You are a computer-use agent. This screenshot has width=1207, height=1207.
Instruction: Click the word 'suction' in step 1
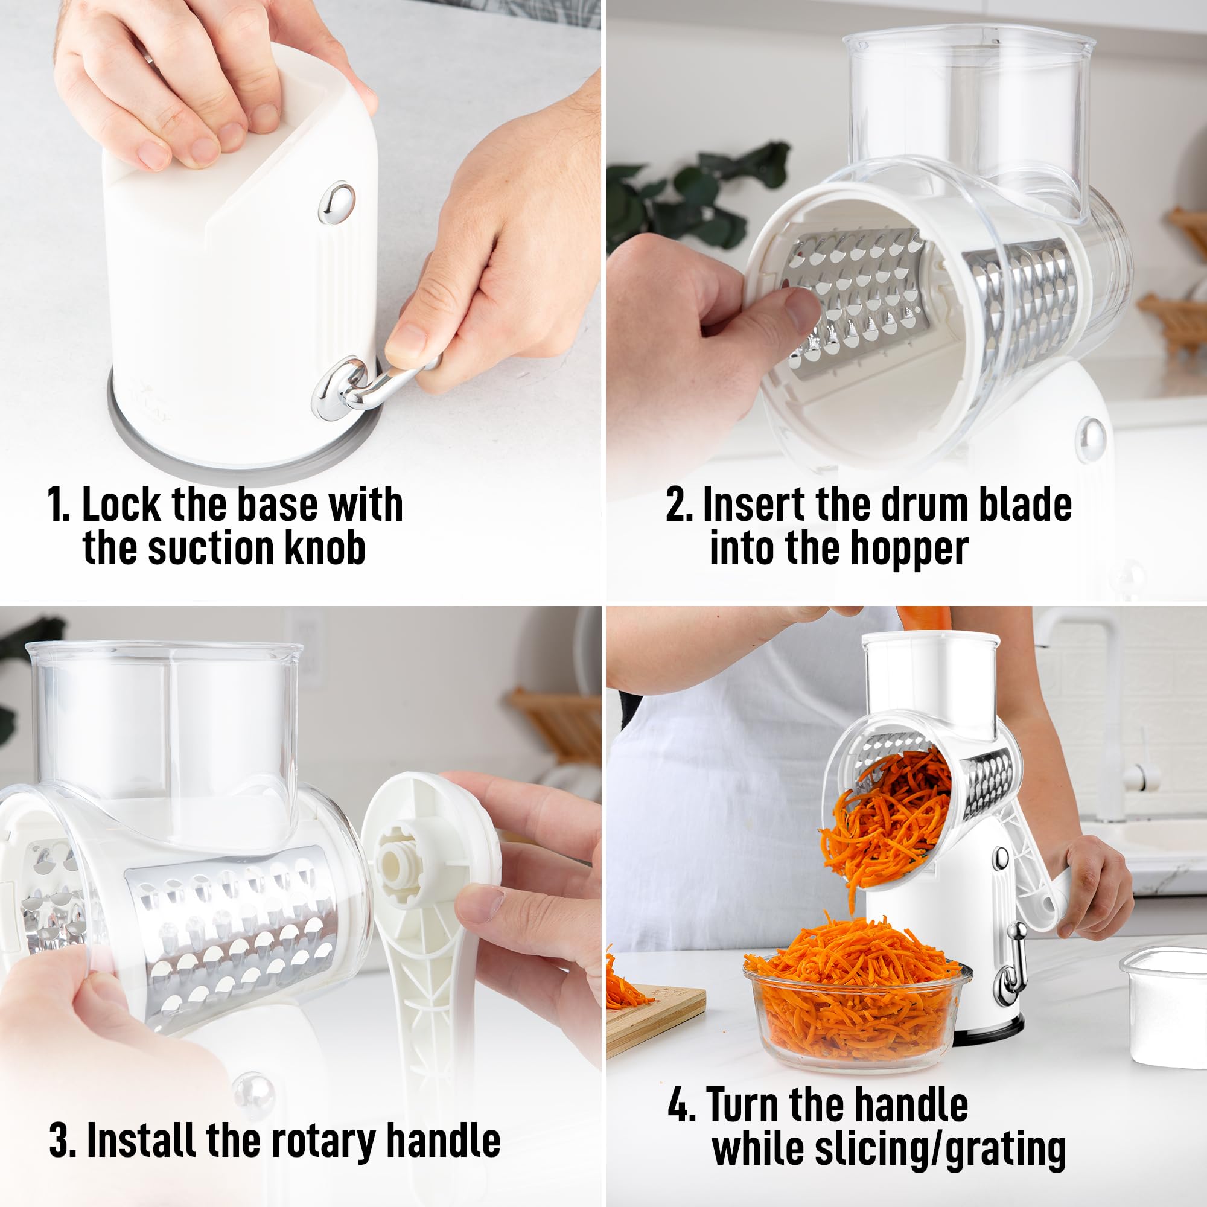click(x=211, y=548)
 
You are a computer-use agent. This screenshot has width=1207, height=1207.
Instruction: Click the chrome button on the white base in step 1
click(x=337, y=202)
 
